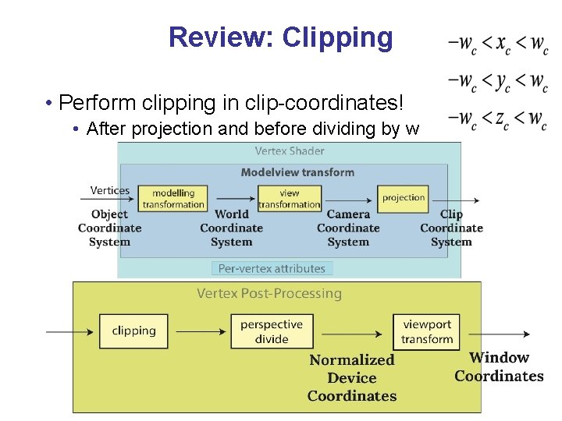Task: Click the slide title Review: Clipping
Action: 281,37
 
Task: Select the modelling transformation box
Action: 173,199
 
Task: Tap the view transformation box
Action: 290,199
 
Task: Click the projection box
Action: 404,198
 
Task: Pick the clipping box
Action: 133,331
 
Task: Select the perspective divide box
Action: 272,331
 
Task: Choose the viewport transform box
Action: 427,331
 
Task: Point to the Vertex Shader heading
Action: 290,150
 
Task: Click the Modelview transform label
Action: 297,172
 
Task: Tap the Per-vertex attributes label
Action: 272,268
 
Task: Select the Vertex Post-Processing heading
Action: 269,293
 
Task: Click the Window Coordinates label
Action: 499,366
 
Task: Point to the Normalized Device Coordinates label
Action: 352,378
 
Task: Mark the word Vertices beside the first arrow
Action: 110,190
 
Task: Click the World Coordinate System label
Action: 231,228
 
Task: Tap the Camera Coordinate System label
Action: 348,228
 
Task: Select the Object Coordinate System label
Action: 109,228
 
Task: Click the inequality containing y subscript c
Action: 497,80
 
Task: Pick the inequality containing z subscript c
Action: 497,119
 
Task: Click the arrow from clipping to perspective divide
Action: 199,331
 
